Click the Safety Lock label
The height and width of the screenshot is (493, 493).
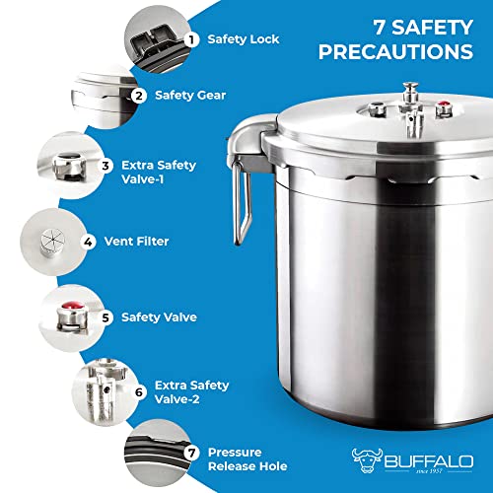click(244, 39)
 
